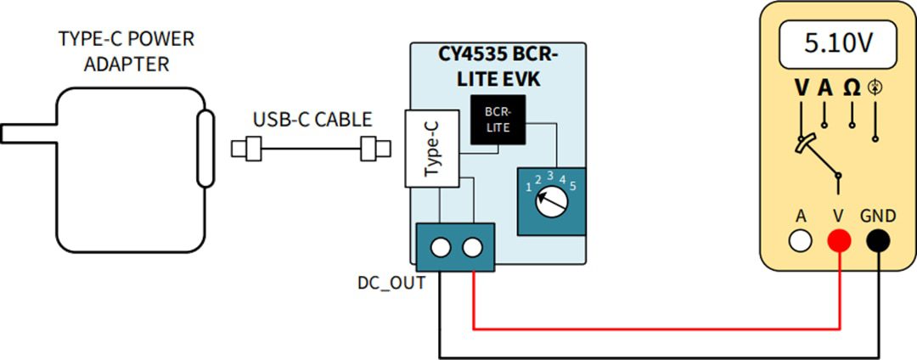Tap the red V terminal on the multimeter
click(839, 241)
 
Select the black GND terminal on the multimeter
click(877, 241)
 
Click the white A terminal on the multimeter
click(800, 241)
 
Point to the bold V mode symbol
click(802, 88)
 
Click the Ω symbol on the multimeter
click(851, 88)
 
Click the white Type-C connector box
click(432, 149)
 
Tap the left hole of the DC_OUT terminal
click(440, 248)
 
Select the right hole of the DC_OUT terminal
click(471, 248)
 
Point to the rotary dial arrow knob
click(548, 200)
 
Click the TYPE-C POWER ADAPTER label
click(126, 52)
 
